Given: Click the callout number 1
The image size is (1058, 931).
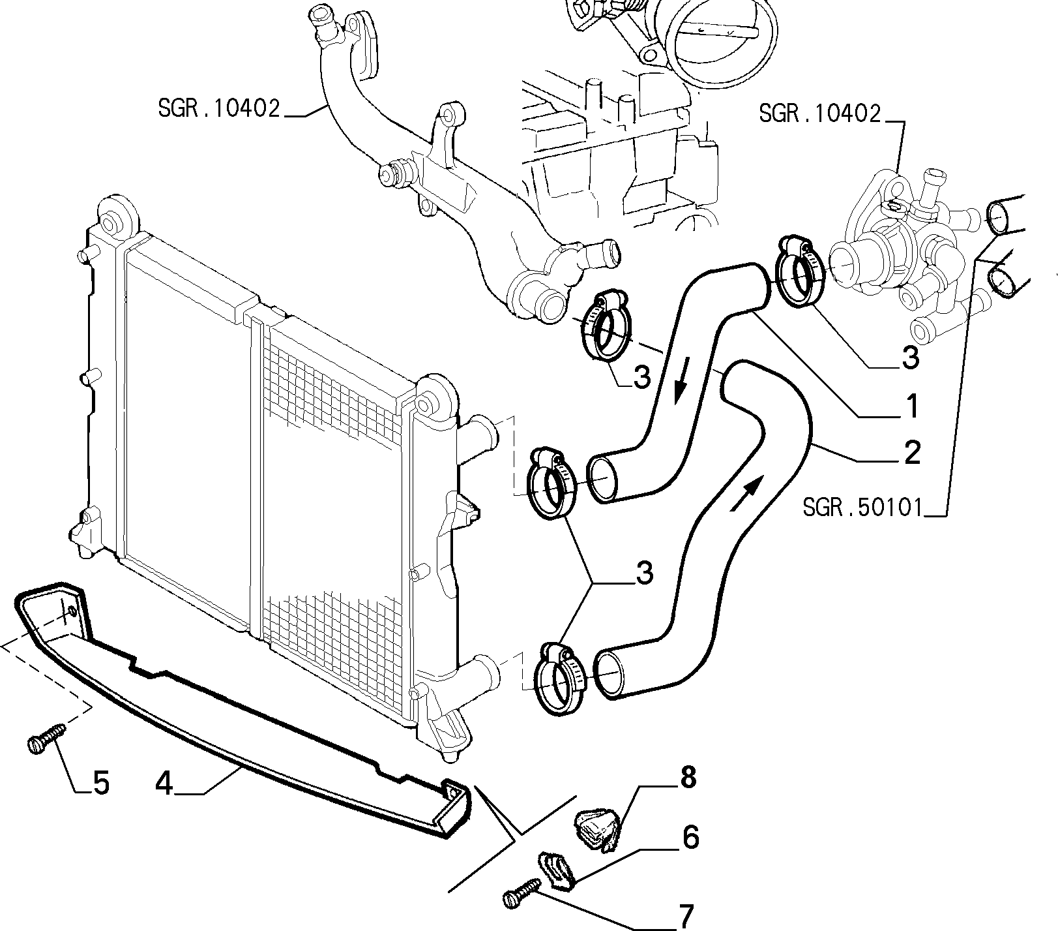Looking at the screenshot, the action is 911,406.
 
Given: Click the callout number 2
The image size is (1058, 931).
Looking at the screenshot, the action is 911,452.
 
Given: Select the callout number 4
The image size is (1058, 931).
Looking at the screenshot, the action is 164,783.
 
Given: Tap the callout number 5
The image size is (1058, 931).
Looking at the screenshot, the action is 101,783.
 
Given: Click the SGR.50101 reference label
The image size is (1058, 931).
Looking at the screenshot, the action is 863,508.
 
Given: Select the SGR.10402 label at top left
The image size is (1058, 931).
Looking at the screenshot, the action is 219,108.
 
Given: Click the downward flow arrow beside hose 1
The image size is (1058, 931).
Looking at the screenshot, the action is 680,387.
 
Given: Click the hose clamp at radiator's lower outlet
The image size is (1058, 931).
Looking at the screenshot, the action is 559,679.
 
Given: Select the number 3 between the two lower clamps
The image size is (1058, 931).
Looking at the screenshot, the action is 644,575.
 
